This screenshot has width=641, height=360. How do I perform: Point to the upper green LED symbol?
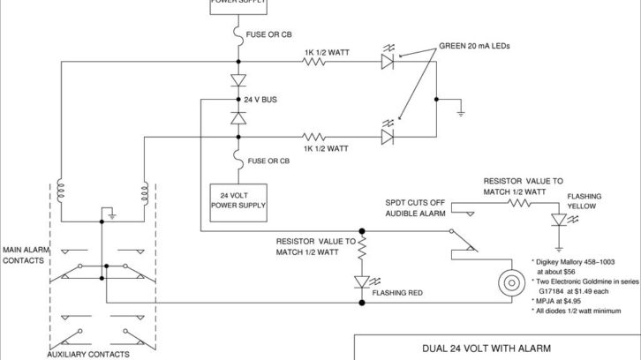(x=386, y=62)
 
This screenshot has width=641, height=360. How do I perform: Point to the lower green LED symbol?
(x=386, y=137)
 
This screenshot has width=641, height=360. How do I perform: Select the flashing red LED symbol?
(x=362, y=282)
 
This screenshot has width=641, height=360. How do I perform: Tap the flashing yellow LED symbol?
(x=558, y=220)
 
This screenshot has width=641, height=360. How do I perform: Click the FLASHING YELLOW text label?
(x=585, y=202)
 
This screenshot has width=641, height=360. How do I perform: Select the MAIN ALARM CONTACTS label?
(x=25, y=256)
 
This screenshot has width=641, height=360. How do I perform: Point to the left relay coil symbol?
(x=61, y=192)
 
